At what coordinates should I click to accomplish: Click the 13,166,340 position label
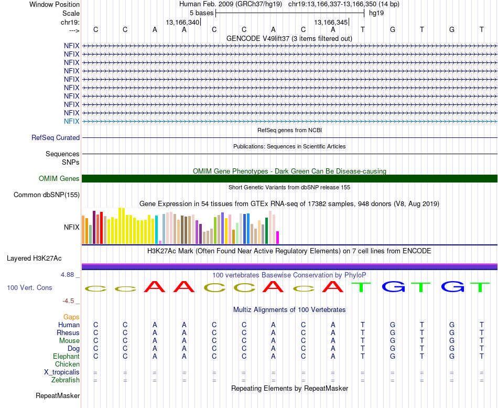click(182, 22)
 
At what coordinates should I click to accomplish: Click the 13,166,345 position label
click(331, 22)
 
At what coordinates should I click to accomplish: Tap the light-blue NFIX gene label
click(71, 121)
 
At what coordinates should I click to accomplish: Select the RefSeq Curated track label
click(56, 138)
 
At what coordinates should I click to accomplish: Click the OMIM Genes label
click(59, 179)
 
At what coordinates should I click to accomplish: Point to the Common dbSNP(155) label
click(47, 195)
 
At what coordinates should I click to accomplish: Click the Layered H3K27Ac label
click(34, 259)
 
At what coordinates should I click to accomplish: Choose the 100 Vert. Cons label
click(29, 288)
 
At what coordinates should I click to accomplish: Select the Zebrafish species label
click(66, 380)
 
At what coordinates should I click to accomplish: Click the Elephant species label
click(66, 357)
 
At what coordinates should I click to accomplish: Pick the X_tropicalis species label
click(62, 372)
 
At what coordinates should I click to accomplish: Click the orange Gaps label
click(71, 317)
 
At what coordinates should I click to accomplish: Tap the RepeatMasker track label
click(58, 395)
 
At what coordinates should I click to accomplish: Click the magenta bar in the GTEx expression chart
click(278, 238)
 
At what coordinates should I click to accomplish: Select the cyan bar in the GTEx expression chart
click(157, 230)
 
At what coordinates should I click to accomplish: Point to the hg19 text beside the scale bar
click(376, 13)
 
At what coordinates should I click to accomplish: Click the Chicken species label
click(67, 364)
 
